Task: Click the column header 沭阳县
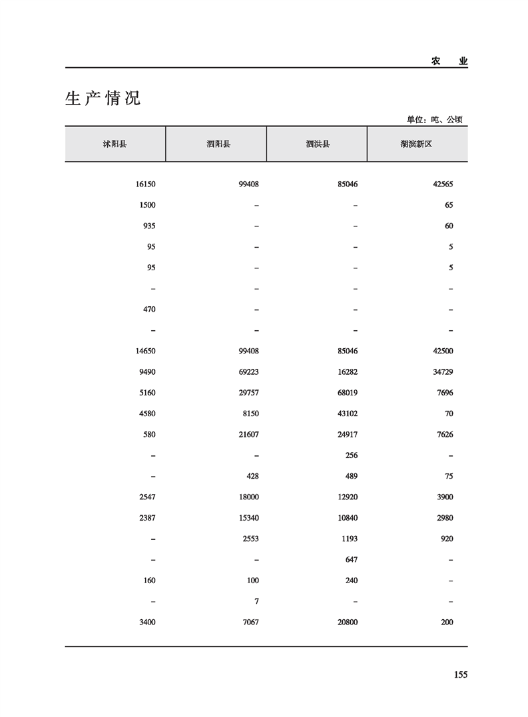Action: (115, 144)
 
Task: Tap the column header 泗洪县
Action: (318, 144)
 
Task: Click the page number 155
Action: (460, 674)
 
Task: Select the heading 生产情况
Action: (103, 99)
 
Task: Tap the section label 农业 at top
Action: (449, 61)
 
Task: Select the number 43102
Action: (347, 413)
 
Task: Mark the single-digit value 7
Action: (256, 601)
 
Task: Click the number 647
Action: (352, 559)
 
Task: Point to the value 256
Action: (352, 455)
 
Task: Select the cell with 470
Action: (149, 310)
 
